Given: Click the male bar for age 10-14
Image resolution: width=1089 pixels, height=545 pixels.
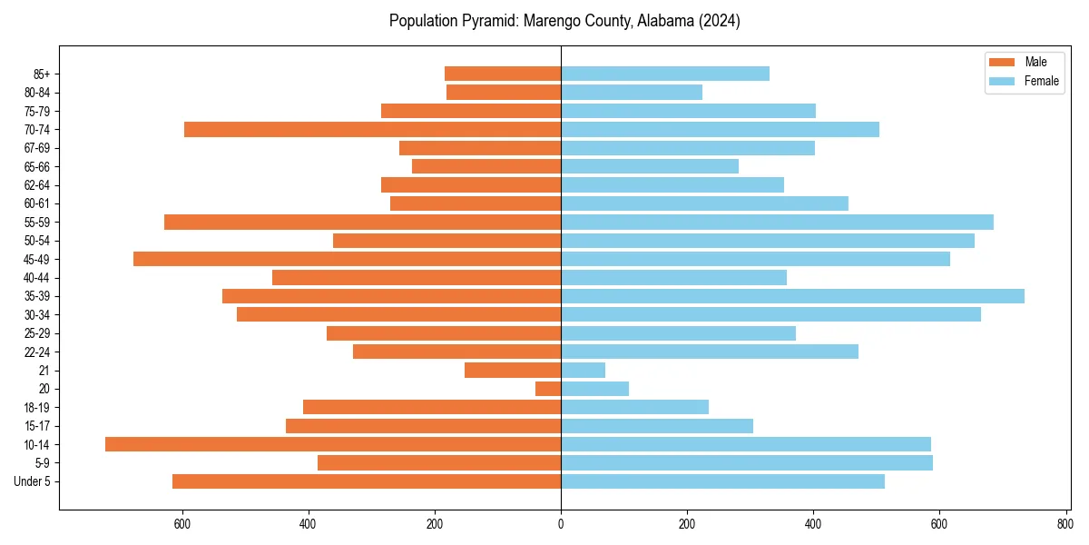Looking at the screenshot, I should (x=333, y=444).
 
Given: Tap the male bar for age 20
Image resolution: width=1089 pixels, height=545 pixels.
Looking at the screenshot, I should (x=548, y=389).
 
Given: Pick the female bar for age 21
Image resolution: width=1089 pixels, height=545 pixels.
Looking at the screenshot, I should (x=584, y=370).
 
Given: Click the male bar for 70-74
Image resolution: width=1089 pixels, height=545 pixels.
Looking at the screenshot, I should (x=372, y=129).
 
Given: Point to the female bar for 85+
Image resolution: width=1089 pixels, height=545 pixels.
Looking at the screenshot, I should (x=665, y=74).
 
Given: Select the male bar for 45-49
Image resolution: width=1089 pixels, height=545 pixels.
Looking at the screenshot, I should (x=347, y=259).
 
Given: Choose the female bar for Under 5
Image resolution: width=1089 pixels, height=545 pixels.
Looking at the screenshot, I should (x=722, y=481).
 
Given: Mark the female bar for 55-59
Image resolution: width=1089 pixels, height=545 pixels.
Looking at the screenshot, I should (x=777, y=222).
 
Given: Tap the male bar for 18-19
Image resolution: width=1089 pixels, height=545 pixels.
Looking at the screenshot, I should (x=432, y=407).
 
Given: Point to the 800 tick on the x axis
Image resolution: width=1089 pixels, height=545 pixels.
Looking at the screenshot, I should (x=1065, y=523).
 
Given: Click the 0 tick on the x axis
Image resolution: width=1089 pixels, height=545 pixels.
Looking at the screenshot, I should (x=561, y=523).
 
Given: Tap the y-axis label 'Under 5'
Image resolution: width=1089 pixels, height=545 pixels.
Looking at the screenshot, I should (x=32, y=481).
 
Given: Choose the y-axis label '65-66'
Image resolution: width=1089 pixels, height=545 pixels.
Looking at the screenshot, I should (x=37, y=166).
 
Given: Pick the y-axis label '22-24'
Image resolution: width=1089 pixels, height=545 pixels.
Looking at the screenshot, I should (x=37, y=352).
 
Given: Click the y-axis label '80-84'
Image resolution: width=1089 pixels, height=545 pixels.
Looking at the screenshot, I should (x=37, y=93).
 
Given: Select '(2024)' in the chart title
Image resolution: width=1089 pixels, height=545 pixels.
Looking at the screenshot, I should (x=719, y=21).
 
